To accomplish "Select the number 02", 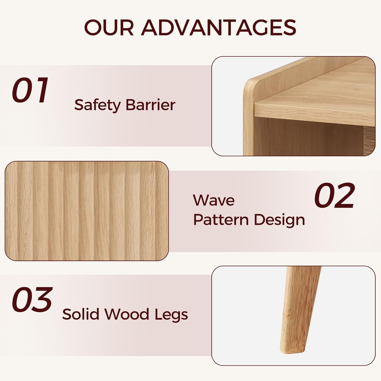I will pos(334,196).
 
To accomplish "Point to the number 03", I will pos(32,300).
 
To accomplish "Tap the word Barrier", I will pos(150,105).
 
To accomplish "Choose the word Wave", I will pos(214,200).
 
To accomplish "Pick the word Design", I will pos(279,220).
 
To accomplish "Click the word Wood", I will pos(127,314).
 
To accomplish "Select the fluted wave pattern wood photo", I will pos(87,211).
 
